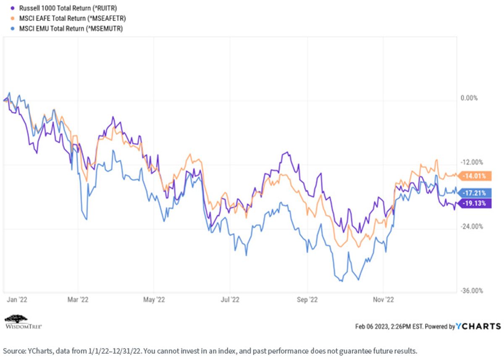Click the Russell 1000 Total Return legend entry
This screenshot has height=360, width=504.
(64, 8)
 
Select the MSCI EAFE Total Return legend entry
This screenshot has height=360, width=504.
(68, 18)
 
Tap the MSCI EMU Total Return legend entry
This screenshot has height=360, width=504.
(67, 29)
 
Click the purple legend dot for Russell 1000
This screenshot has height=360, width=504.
(13, 8)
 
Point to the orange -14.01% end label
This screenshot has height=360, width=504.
(475, 176)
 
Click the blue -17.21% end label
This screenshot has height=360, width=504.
(475, 193)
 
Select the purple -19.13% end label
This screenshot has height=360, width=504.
(475, 203)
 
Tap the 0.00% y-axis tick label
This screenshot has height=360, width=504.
(469, 98)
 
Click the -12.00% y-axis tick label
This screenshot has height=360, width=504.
(472, 162)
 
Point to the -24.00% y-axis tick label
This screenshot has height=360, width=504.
(472, 226)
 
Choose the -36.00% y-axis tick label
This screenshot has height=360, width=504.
(472, 290)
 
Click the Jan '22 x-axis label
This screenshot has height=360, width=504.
(17, 300)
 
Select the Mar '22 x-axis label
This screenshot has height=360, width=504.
(78, 300)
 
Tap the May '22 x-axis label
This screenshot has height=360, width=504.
(154, 300)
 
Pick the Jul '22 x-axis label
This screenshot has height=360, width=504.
(230, 300)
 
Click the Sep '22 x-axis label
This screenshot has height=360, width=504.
(307, 300)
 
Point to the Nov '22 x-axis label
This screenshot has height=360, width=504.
(383, 300)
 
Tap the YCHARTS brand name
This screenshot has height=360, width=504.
(478, 326)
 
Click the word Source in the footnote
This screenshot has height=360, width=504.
(14, 351)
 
